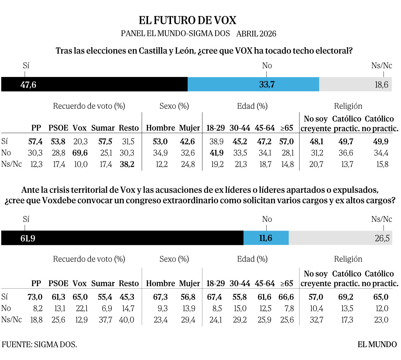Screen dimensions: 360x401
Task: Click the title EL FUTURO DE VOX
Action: pyautogui.click(x=187, y=20)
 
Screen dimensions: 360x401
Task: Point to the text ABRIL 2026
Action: pyautogui.click(x=256, y=34)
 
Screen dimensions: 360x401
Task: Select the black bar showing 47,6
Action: pyautogui.click(x=94, y=84)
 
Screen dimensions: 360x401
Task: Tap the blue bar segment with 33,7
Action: pyautogui.click(x=253, y=84)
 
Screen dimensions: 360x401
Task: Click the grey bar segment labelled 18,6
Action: pyautogui.click(x=355, y=84)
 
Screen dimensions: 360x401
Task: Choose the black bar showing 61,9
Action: pyautogui.click(x=122, y=238)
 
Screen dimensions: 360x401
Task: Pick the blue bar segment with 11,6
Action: pyautogui.click(x=266, y=238)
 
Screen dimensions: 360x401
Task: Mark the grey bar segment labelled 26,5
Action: pyautogui.click(x=340, y=238)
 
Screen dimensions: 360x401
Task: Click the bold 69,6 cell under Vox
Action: pyautogui.click(x=80, y=153)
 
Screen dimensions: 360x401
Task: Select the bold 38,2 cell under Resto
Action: pyautogui.click(x=127, y=164)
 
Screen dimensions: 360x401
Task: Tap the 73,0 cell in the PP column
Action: pyautogui.click(x=35, y=297)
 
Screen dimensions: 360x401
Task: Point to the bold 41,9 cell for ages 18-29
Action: pyautogui.click(x=216, y=153)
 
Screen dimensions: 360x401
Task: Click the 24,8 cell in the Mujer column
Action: pyautogui.click(x=188, y=164)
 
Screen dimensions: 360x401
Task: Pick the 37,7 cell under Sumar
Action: pyautogui.click(x=105, y=320)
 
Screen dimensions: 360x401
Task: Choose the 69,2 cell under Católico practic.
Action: pyautogui.click(x=346, y=297)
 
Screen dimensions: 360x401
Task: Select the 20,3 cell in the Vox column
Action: pyautogui.click(x=80, y=142)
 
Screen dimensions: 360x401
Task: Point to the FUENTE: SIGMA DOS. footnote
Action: pyautogui.click(x=39, y=344)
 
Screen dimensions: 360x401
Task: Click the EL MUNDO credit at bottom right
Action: pyautogui.click(x=377, y=344)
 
